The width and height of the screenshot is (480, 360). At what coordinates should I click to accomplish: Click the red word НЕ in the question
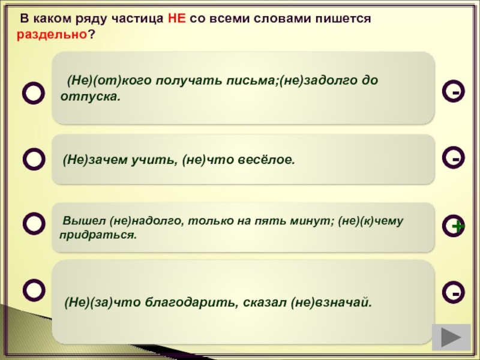(x=176, y=19)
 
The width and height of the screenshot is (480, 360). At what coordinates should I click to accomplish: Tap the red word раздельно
(x=52, y=35)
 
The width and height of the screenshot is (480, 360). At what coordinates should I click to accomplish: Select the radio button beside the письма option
(x=34, y=93)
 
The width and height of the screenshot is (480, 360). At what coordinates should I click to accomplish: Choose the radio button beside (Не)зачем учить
(x=34, y=159)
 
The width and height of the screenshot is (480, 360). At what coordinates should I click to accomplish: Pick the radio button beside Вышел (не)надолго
(x=34, y=224)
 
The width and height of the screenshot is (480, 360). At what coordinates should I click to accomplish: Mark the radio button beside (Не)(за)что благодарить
(x=34, y=290)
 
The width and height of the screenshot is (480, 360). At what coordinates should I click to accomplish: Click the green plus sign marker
(x=458, y=227)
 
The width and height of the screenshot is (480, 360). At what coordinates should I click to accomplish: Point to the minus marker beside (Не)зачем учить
(x=454, y=158)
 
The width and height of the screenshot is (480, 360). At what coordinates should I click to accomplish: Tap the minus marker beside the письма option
(x=454, y=91)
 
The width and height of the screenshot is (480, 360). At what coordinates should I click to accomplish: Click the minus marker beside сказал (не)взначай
(x=454, y=292)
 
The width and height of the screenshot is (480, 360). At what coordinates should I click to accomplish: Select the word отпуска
(x=91, y=97)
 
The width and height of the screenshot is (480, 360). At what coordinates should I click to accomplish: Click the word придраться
(x=98, y=235)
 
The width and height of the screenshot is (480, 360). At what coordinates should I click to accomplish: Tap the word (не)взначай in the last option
(x=331, y=302)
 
